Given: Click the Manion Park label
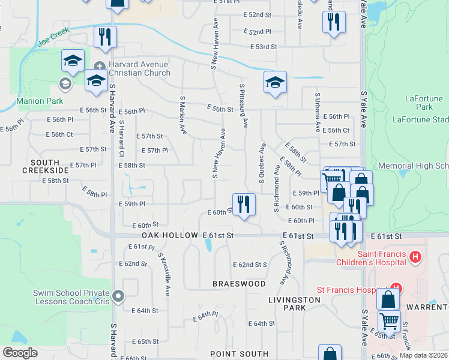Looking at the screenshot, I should point(40,101).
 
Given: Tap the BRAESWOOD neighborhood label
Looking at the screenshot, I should point(239,283).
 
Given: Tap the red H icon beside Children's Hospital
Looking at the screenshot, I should point(414,258).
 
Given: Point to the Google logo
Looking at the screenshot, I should point(20,353).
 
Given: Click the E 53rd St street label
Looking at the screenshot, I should point(264,47).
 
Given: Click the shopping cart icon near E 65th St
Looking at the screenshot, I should point(389,322).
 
